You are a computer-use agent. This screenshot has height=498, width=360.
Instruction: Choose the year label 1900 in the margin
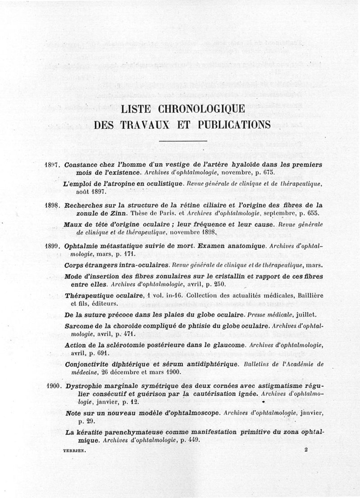[54, 386]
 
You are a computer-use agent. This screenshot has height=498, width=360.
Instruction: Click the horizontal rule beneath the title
[180, 142]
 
